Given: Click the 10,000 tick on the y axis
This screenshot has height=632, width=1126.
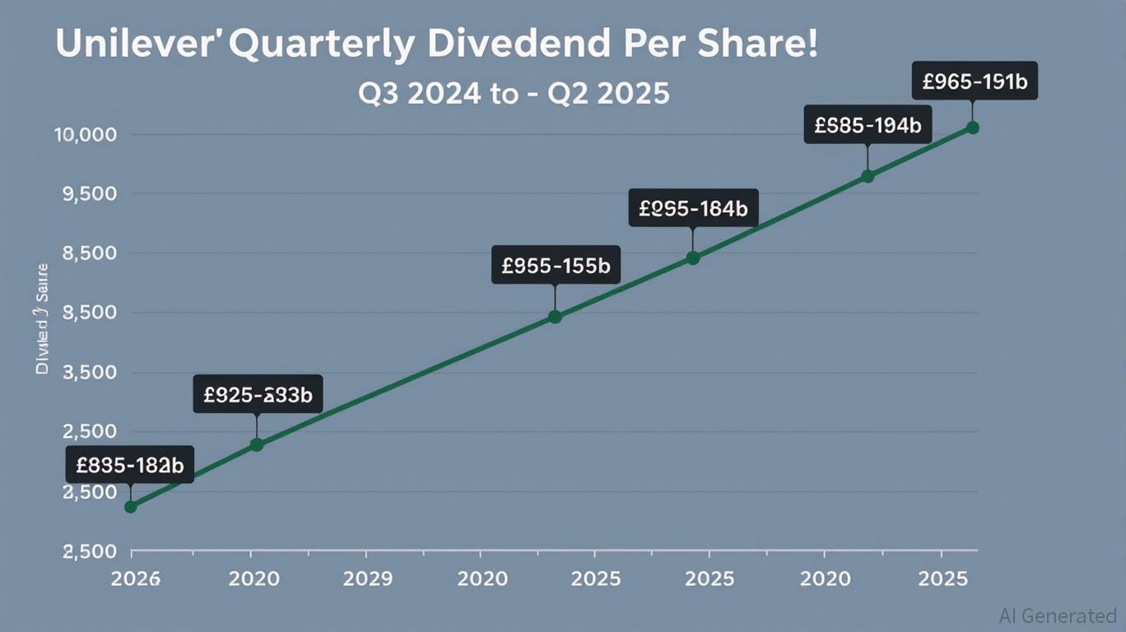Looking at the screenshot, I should coord(86,134).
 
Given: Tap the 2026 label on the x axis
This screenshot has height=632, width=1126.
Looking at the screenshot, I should coord(136,578).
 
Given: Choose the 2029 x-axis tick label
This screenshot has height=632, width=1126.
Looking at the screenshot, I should coord(367,578).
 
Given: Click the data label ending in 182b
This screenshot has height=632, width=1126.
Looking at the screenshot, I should coord(130,465).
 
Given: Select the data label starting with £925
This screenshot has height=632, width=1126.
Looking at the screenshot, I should coord(258,395).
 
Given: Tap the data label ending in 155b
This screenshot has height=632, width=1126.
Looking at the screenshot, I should coord(556,265).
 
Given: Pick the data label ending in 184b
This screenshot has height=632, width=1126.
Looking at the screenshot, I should coord(693,208).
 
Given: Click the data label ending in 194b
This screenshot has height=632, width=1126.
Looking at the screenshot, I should coord(867,125).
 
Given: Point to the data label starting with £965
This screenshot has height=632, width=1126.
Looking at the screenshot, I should coord(975,81).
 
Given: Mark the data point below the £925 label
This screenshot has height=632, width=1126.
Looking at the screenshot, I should coord(257,444).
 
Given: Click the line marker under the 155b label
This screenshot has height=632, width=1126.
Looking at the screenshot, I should coord(555,317).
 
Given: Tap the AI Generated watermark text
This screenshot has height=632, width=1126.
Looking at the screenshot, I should coord(1057,616).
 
